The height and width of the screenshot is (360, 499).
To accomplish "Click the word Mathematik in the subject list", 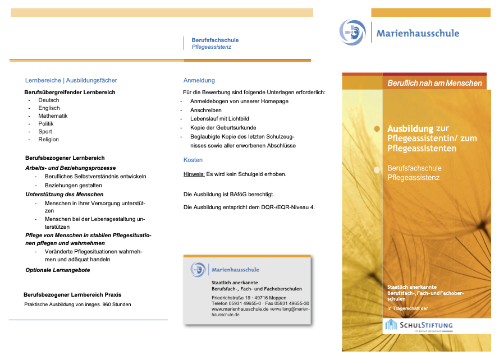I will (x=53, y=116).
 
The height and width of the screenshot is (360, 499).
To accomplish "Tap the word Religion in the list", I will (x=48, y=140).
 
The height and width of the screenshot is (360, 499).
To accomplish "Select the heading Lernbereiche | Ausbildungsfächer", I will (x=71, y=80).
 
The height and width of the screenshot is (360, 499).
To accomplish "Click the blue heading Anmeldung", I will (x=199, y=80).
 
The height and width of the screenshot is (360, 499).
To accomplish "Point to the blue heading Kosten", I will (x=193, y=160).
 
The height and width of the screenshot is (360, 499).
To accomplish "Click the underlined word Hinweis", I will (x=194, y=174).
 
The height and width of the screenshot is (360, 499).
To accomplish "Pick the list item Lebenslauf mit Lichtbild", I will (x=219, y=119).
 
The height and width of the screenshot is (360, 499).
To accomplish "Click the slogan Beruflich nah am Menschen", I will (x=434, y=83).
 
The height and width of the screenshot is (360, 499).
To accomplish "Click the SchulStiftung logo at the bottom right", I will (x=418, y=326).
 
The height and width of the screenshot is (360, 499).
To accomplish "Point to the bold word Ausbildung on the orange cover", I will (x=410, y=129).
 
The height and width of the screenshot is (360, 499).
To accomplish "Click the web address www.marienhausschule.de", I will (x=240, y=309).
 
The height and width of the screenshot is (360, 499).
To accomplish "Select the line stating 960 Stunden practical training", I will (x=77, y=304).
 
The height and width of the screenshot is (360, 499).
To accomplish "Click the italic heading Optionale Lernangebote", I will (x=58, y=270).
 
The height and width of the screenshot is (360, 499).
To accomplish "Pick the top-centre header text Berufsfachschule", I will (x=215, y=40).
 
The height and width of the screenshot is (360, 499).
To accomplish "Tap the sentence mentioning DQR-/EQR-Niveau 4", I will (x=249, y=207).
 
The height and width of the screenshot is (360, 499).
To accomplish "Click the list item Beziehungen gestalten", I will (x=73, y=185).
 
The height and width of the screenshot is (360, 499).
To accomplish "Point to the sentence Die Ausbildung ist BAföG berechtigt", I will (x=229, y=195).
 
